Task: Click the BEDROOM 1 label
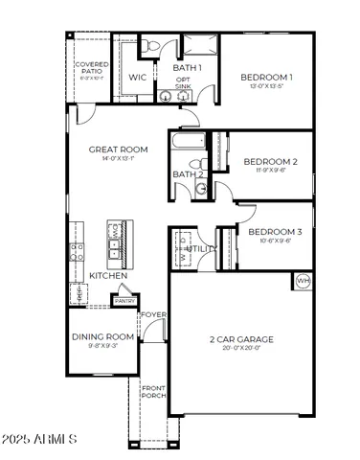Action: point(266,77)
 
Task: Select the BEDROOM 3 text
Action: point(275,232)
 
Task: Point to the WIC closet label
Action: point(137,77)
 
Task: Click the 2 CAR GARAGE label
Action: point(241,339)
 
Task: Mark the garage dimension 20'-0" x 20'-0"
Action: point(241,349)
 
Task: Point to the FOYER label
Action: point(154,314)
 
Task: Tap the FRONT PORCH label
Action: point(153,391)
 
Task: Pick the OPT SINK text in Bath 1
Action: point(182,83)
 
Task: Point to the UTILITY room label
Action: point(203,249)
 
